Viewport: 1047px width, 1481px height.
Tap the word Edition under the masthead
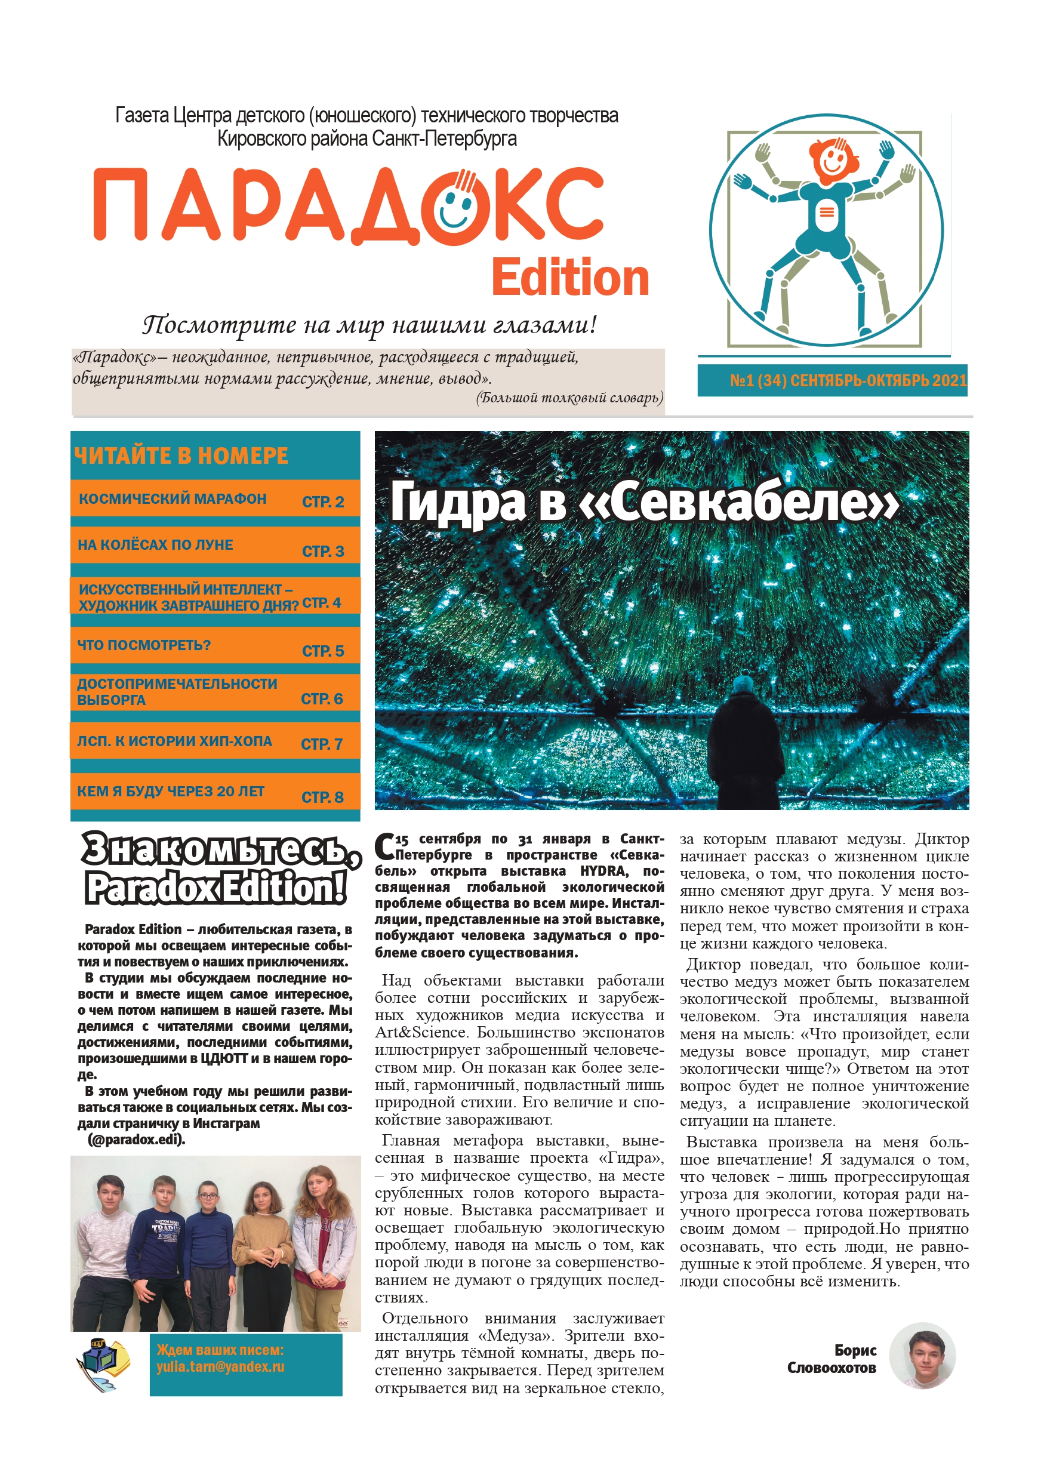tap(569, 278)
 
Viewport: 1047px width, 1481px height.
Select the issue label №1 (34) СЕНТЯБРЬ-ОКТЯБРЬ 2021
tap(848, 381)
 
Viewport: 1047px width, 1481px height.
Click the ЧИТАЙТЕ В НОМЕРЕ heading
tap(181, 456)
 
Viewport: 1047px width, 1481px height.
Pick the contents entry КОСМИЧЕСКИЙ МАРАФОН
tap(173, 498)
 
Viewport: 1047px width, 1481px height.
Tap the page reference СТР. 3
tap(322, 552)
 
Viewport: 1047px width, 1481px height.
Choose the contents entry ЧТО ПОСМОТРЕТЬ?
tap(144, 645)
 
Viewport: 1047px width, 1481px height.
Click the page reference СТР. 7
tap(321, 744)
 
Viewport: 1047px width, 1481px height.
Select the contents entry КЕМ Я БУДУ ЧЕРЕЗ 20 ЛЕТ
tap(170, 792)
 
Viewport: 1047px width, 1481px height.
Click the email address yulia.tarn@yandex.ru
tap(220, 1367)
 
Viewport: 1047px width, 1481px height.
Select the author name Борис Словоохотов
tap(833, 1359)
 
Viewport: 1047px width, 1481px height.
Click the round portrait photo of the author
tap(922, 1356)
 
